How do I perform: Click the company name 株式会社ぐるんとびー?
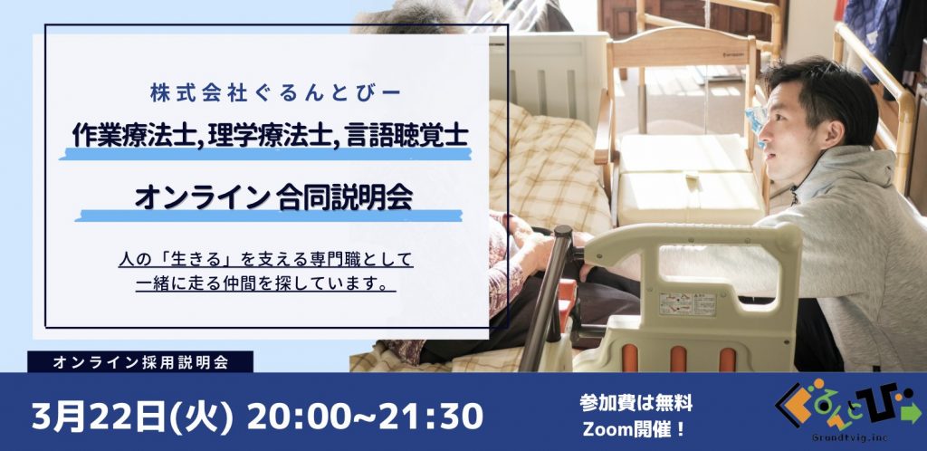(275, 94)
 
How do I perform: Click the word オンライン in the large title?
(202, 198)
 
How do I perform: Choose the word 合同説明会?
(344, 198)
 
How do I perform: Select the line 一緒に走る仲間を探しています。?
(265, 283)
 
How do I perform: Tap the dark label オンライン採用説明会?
(140, 362)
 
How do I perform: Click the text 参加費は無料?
(636, 404)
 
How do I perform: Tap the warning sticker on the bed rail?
(688, 303)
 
